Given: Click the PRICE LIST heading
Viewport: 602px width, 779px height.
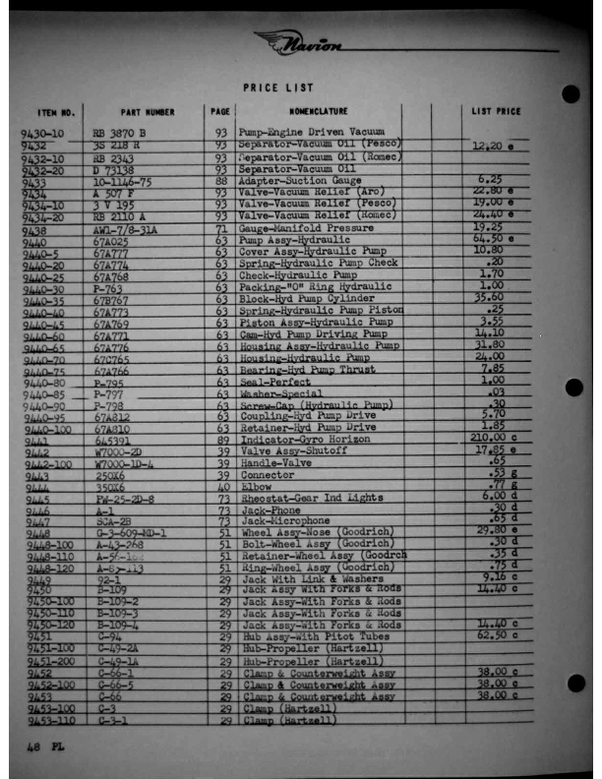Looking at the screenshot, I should [x=278, y=88].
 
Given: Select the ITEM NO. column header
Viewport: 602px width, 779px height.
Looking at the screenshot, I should [x=57, y=112].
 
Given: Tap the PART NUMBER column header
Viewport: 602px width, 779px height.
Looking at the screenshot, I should [x=143, y=112].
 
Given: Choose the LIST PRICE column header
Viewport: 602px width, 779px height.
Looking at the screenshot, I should [x=497, y=112].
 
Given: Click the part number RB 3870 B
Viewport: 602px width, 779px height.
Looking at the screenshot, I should [x=119, y=132].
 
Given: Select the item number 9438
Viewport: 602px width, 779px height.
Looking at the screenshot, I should [x=34, y=229].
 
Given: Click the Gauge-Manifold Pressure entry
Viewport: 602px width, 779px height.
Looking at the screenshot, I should [x=307, y=228].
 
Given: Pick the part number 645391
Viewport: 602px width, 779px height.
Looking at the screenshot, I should [x=113, y=440].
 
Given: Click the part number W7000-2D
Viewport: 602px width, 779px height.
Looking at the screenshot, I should [x=117, y=451].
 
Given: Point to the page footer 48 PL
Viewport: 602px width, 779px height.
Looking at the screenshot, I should [x=38, y=747].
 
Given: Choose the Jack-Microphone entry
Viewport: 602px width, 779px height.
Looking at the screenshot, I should [x=288, y=521].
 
